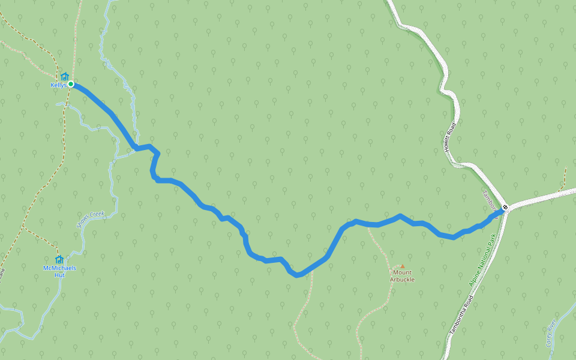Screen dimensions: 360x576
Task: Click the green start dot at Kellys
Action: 71,84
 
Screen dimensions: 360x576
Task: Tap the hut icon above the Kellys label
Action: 64,77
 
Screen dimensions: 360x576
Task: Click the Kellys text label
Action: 58,85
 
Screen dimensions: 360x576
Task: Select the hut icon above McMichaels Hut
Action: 59,259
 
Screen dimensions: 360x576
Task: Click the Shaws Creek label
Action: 91,219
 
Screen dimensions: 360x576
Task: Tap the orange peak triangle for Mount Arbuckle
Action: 403,266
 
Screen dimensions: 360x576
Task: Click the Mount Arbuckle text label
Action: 402,276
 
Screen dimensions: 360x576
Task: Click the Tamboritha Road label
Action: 462,314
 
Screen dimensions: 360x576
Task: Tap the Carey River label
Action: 551,334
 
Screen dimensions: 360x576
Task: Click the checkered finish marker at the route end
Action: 505,208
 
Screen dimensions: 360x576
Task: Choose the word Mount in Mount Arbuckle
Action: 403,272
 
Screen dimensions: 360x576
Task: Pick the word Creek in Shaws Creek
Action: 96,215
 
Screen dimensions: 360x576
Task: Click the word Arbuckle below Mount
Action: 402,280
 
